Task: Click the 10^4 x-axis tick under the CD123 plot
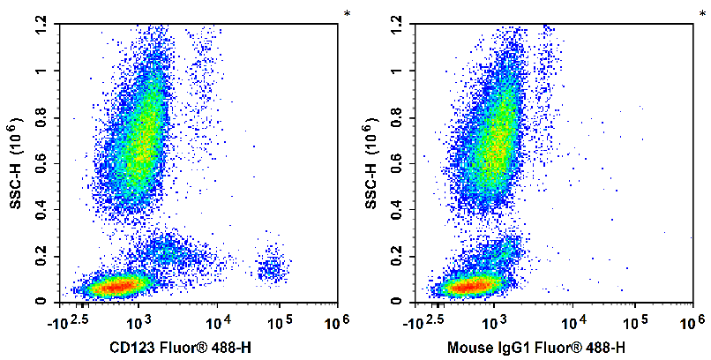[x=217, y=319]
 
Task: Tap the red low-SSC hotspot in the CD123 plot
[x=116, y=286]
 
